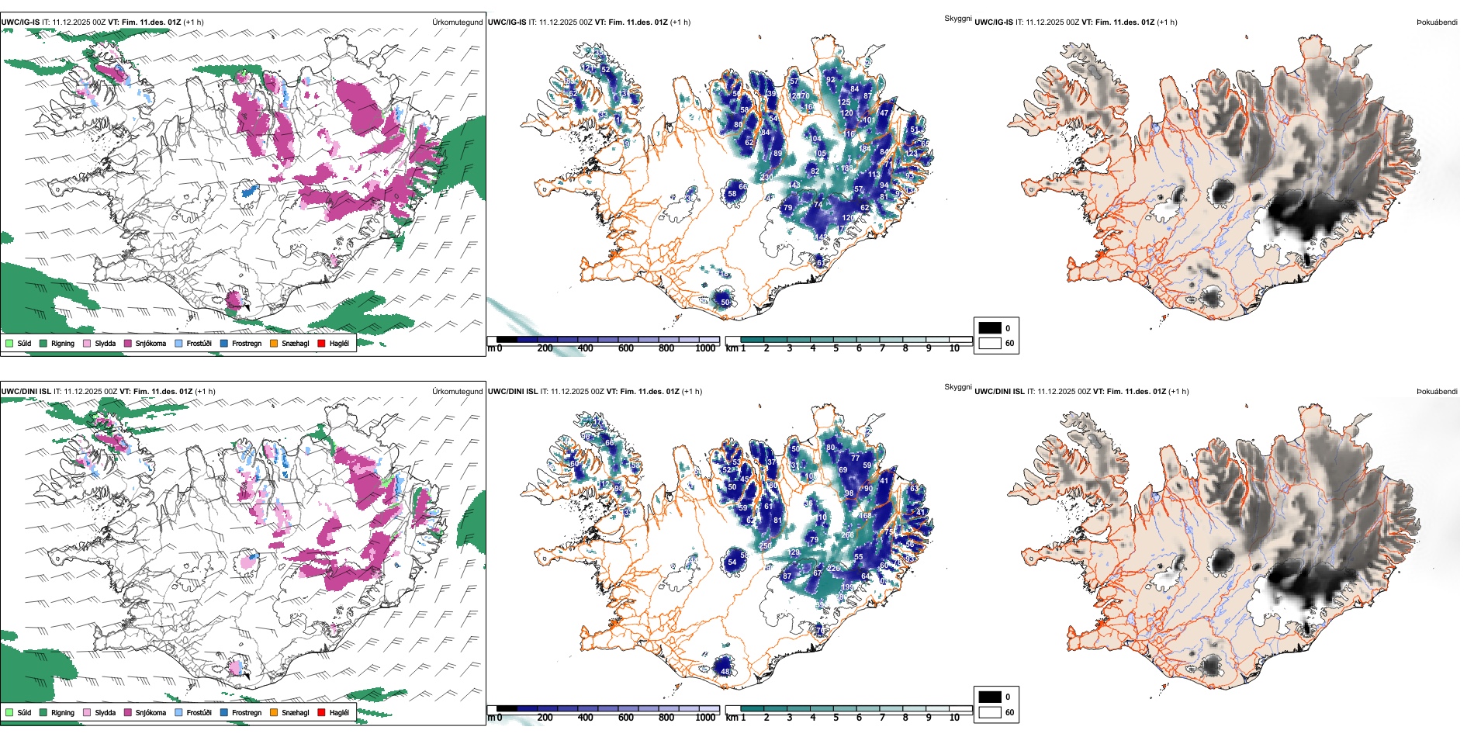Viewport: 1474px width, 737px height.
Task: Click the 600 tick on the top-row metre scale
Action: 625,348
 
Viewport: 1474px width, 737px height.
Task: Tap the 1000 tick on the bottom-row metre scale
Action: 705,718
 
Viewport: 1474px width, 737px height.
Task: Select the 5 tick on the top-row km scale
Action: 836,348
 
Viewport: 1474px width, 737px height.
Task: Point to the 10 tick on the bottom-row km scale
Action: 954,718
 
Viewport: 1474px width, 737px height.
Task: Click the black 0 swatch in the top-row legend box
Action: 990,328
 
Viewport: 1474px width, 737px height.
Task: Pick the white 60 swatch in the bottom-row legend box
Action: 990,712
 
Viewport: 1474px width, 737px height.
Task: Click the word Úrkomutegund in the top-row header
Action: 457,22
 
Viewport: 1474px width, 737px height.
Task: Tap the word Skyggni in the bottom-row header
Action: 957,386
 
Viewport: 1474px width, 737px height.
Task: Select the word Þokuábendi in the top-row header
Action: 1437,22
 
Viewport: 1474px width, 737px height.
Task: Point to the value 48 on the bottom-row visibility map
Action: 725,672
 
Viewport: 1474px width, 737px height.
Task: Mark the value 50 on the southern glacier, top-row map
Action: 725,303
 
